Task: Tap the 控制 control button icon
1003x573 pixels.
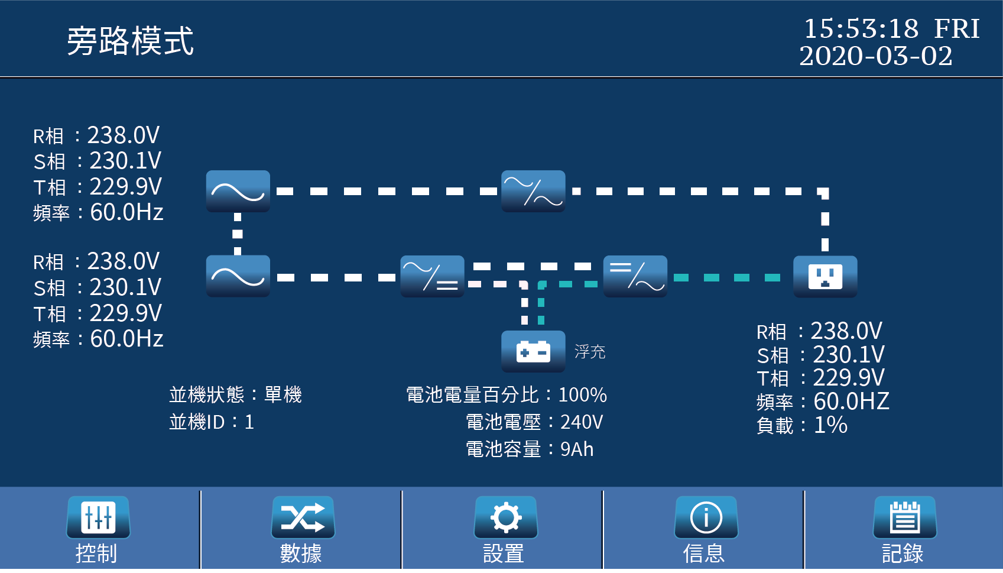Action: pos(98,517)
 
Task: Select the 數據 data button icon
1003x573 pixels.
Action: pos(303,517)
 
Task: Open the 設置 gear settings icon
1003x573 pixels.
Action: pos(505,517)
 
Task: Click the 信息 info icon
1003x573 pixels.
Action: pos(706,517)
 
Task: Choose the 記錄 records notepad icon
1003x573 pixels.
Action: pos(904,517)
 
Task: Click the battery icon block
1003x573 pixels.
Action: pos(533,352)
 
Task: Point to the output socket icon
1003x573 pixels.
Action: pos(825,276)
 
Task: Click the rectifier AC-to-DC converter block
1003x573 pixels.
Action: pos(432,276)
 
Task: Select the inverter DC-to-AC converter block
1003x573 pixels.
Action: pos(635,276)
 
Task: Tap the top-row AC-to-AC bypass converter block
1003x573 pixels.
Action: pos(533,191)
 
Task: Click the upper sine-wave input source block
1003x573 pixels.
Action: pos(238,191)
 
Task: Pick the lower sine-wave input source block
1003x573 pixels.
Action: pos(238,276)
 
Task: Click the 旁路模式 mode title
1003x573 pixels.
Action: pos(130,41)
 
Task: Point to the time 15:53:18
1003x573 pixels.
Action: pos(861,28)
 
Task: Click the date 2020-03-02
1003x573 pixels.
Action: pos(876,56)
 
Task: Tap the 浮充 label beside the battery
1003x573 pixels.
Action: pos(590,352)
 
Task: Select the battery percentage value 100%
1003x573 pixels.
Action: pos(582,395)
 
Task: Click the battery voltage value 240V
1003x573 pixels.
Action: pos(581,422)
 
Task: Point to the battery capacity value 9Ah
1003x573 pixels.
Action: pos(576,449)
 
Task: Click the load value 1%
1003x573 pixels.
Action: pos(830,425)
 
